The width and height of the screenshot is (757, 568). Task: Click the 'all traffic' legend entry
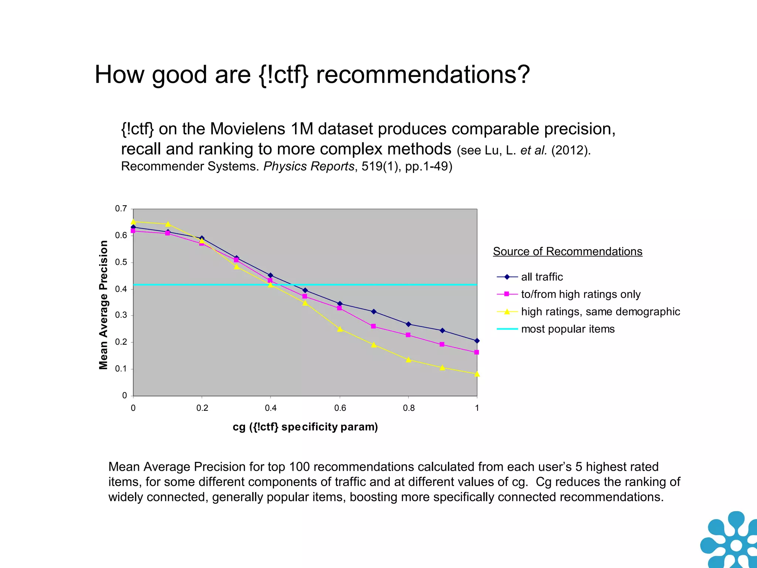pos(542,277)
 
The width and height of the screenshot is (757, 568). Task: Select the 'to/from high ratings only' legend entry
pos(580,294)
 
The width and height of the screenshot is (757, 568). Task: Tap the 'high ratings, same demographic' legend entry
pos(600,312)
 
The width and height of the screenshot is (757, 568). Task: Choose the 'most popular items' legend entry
pos(567,329)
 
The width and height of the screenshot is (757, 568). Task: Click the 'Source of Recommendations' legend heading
pos(567,251)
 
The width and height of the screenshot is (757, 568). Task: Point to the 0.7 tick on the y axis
pos(121,209)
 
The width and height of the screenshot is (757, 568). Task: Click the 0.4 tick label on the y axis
pos(121,289)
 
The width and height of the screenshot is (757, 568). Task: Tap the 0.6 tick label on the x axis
pos(340,408)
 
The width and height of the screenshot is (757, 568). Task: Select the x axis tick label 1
pos(477,408)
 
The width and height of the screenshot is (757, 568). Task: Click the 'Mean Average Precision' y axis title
pos(103,305)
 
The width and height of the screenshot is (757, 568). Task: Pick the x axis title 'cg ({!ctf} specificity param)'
pos(305,427)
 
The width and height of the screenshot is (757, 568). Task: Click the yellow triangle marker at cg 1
pos(477,374)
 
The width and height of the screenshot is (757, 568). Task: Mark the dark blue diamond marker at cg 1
pos(477,341)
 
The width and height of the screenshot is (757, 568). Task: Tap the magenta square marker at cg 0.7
pos(373,326)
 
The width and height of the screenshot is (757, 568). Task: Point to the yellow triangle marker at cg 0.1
pos(168,224)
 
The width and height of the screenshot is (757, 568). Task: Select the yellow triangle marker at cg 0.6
pos(340,329)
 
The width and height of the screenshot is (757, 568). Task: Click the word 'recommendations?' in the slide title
pos(423,75)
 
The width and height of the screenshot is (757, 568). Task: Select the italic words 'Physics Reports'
pos(309,166)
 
